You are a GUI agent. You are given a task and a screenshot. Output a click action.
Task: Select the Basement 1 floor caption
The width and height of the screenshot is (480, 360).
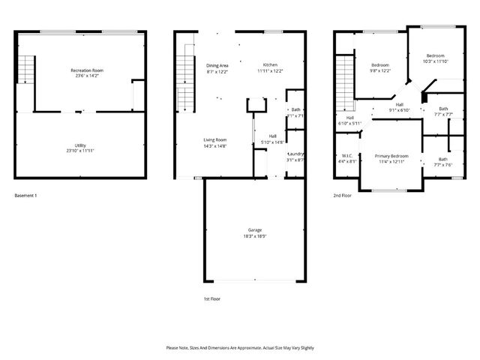pos(25,196)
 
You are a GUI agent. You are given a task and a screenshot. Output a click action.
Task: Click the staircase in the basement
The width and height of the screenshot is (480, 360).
pos(26,70)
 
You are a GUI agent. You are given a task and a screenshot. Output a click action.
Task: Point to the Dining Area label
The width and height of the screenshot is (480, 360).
pos(217,65)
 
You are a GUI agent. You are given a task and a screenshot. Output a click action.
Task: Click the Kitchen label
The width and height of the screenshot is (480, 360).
pos(270,65)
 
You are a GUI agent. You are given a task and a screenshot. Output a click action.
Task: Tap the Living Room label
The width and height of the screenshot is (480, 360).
pos(215,139)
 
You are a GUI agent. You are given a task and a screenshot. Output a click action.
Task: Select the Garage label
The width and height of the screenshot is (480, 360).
pos(255,230)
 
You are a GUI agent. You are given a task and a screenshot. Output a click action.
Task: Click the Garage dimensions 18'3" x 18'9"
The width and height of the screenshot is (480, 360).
pos(255,236)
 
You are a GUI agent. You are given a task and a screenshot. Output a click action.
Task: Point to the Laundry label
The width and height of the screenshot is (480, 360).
pos(295,154)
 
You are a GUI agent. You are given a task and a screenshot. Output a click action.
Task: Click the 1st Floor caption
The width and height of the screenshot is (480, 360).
pos(212,298)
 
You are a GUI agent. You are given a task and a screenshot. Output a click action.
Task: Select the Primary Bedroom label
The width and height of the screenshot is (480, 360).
pos(391,155)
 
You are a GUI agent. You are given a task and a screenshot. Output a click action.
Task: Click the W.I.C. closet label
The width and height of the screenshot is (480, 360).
pos(347,155)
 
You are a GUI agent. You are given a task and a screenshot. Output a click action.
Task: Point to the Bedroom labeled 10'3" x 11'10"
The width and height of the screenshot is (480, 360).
pos(436,56)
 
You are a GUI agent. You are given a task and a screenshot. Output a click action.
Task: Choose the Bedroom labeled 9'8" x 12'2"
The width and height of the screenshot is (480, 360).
pos(380,65)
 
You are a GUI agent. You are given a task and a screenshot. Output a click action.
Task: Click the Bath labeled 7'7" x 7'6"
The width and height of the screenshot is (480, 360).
pos(442,159)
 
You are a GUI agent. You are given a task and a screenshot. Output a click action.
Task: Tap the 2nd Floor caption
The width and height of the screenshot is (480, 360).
pos(343,196)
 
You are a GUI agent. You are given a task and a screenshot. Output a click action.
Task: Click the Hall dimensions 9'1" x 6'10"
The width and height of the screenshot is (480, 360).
pos(400,110)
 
